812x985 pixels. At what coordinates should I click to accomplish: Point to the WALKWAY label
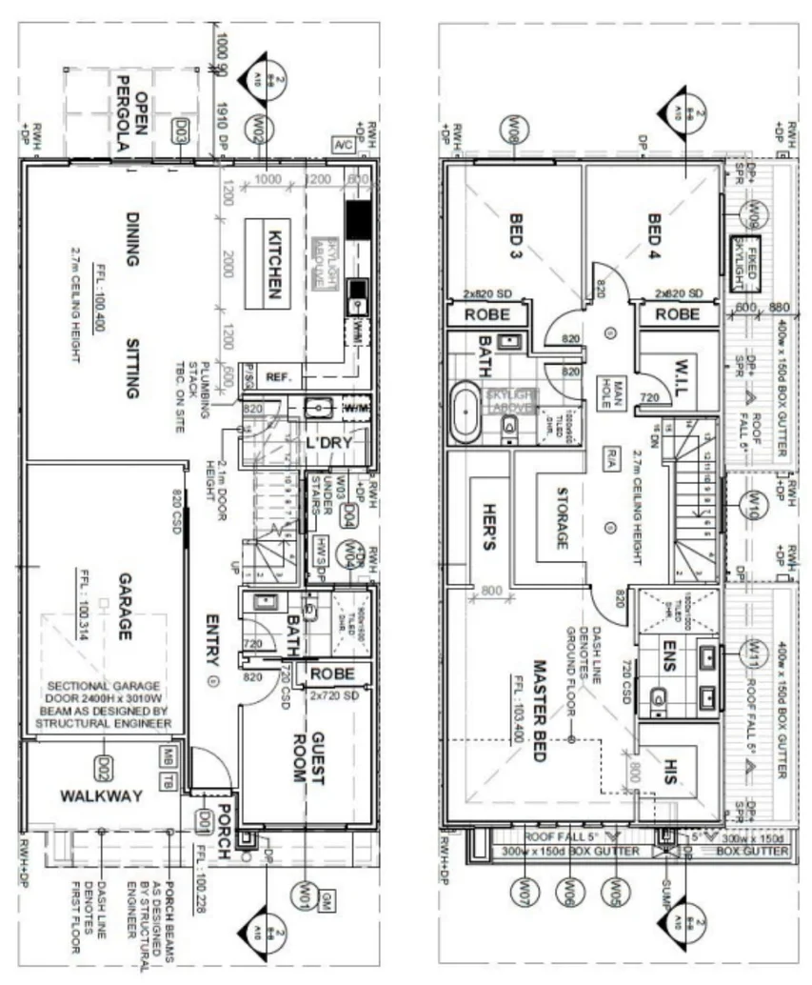coord(101,795)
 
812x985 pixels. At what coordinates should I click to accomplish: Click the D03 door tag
coord(179,130)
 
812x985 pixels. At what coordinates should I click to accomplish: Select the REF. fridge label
coord(277,377)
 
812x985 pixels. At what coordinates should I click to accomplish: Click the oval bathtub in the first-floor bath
coord(465,412)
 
